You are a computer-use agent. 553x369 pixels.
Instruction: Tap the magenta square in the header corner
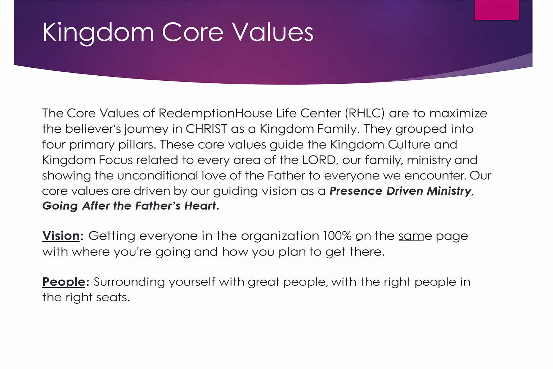tap(497, 10)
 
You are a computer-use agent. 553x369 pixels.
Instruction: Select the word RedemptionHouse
tap(216, 114)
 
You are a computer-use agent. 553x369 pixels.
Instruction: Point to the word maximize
tap(458, 114)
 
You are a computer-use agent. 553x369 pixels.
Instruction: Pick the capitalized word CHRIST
tap(206, 129)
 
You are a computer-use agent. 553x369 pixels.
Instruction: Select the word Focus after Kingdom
tap(116, 160)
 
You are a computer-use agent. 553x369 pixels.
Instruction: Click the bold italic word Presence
tap(356, 191)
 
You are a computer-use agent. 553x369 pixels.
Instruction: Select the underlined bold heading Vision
tap(61, 236)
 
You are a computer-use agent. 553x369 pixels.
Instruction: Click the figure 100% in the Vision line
tap(337, 236)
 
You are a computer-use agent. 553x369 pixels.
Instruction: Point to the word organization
tap(280, 236)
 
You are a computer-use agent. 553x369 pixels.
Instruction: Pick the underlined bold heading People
tap(64, 282)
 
